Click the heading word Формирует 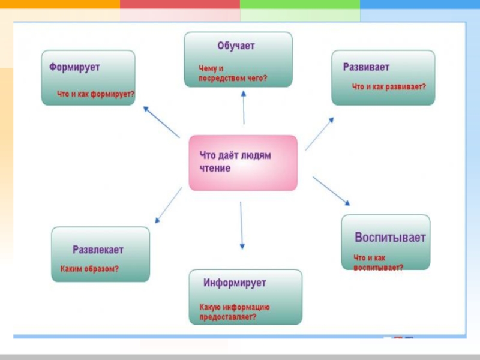pyautogui.click(x=74, y=67)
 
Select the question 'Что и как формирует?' pyautogui.click(x=95, y=94)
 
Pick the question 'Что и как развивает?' pyautogui.click(x=389, y=87)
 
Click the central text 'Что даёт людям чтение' pyautogui.click(x=235, y=162)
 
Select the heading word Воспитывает pyautogui.click(x=390, y=237)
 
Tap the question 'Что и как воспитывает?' pyautogui.click(x=378, y=262)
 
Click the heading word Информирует pyautogui.click(x=235, y=282)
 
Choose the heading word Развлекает pyautogui.click(x=98, y=249)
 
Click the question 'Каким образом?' pyautogui.click(x=89, y=269)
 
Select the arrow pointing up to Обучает pyautogui.click(x=244, y=108)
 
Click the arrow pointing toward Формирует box pyautogui.click(x=161, y=122)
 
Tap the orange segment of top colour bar pyautogui.click(x=60, y=4)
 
